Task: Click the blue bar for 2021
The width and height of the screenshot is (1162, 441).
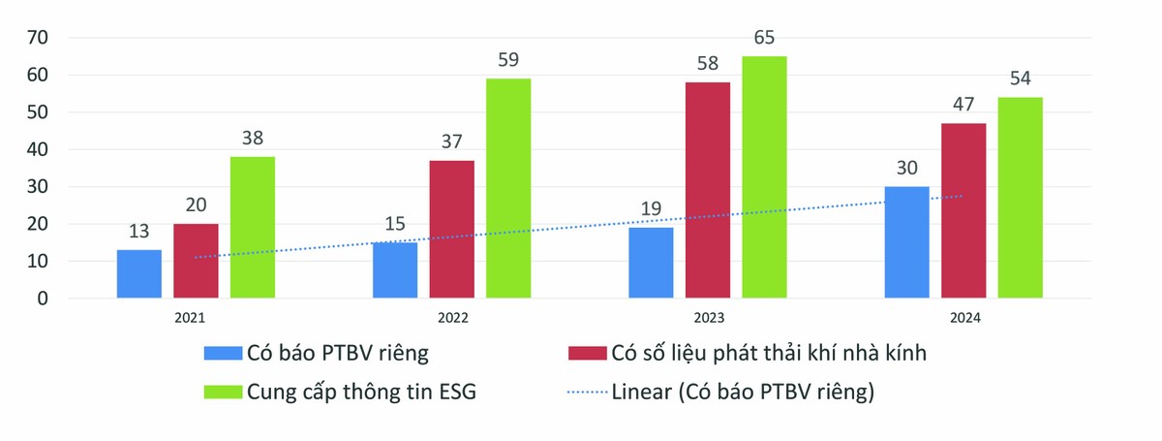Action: click(139, 274)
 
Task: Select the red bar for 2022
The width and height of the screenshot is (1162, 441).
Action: click(452, 230)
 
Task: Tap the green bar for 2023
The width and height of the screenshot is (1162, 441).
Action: click(764, 177)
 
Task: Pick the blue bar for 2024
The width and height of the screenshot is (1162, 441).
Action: click(907, 242)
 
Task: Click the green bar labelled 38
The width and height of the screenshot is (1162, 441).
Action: click(253, 228)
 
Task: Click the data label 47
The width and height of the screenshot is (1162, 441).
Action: click(964, 108)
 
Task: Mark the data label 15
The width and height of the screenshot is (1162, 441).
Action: click(395, 226)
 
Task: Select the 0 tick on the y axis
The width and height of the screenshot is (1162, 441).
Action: click(43, 299)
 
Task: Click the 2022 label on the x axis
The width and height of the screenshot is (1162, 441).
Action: click(452, 317)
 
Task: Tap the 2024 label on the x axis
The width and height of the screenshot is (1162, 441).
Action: click(964, 317)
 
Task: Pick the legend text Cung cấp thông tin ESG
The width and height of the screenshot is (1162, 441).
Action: click(362, 393)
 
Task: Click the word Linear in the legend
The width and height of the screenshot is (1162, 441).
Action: click(641, 393)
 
